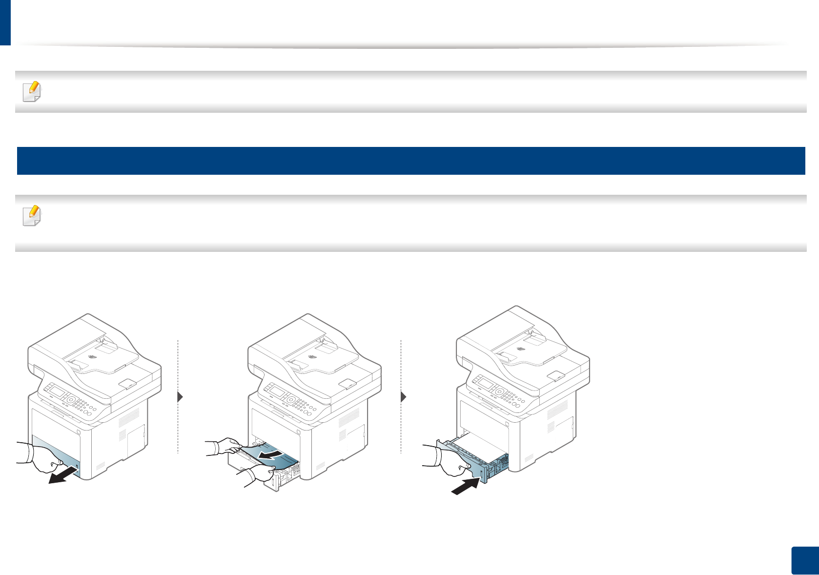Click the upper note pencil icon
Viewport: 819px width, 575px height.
tap(32, 91)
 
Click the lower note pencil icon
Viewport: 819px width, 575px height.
tap(32, 216)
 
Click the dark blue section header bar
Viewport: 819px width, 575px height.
tap(410, 161)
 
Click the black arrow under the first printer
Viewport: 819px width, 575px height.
tap(63, 475)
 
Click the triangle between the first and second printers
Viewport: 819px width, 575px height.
tap(180, 397)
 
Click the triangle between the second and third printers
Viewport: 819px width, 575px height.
tap(403, 397)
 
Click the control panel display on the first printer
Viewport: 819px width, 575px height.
tap(58, 392)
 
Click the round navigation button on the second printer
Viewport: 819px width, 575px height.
tap(292, 400)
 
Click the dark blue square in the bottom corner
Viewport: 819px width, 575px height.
tap(803, 561)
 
